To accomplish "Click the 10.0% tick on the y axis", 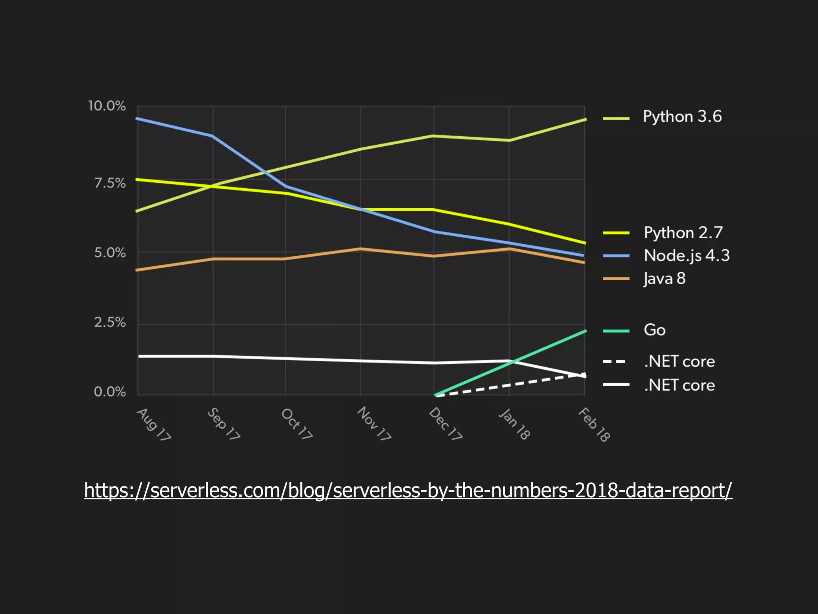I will point(107,106).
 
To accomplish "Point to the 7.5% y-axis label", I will point(110,183).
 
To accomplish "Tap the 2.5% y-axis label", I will point(110,323).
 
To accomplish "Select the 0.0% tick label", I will point(110,392).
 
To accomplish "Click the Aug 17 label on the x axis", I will point(154,425).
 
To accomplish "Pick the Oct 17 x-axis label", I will point(296,424).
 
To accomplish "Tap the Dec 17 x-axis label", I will point(445,424).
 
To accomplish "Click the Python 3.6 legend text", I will point(682,117).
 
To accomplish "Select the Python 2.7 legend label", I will point(683,233).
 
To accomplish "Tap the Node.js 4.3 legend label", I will point(687,256).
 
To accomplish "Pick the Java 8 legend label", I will point(665,279).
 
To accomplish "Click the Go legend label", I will point(655,330).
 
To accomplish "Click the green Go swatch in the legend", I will point(615,331).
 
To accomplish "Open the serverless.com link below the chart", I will point(408,490).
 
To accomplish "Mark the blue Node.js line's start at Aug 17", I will point(138,119).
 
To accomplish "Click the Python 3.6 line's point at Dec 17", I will point(434,136).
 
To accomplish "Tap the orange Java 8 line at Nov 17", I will point(361,249).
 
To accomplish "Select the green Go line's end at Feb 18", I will point(585,331).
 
